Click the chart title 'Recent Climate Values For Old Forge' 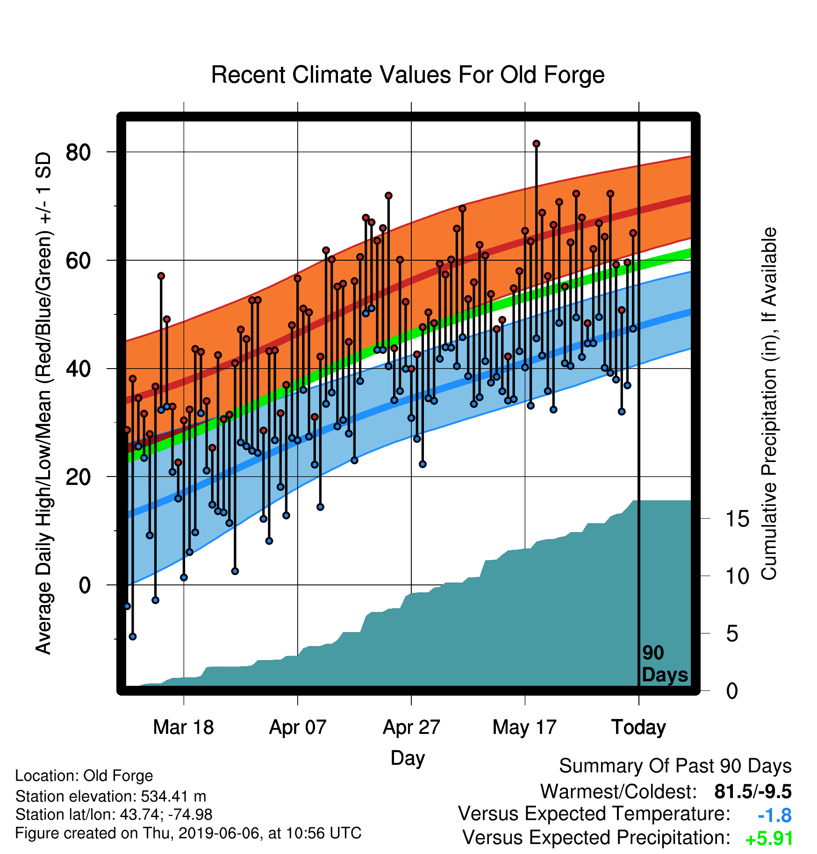tap(408, 75)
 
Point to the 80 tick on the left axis tap(78, 152)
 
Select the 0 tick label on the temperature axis tap(85, 585)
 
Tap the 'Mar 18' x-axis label tap(183, 727)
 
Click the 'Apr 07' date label tap(298, 727)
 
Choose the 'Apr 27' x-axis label tap(411, 727)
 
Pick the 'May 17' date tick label tap(524, 727)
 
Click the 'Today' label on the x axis tap(638, 727)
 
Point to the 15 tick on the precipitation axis tap(737, 519)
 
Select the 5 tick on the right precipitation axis tap(732, 634)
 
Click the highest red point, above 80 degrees tap(536, 143)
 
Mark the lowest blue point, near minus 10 tap(133, 636)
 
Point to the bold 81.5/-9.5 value tap(753, 792)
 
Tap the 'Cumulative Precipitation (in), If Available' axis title tap(769, 404)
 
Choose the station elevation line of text tap(111, 796)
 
